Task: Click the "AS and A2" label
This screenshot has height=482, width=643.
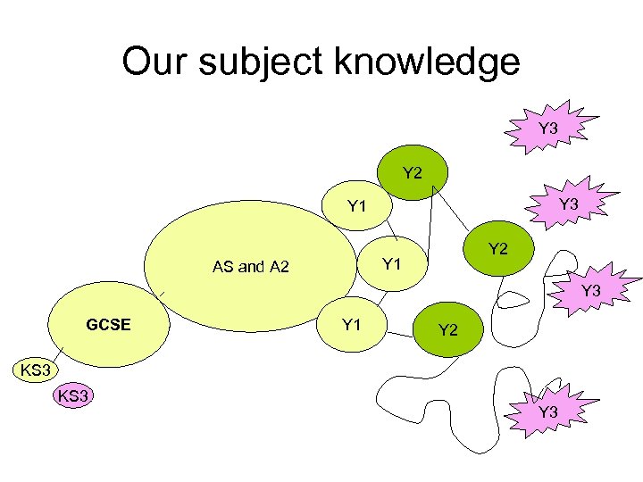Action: coord(251,266)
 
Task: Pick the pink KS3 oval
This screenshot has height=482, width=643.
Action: coord(75,395)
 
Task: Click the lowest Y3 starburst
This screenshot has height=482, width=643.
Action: coord(548,411)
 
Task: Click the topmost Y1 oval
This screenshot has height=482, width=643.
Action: coord(357,207)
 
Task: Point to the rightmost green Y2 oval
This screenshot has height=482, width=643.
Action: coord(498,249)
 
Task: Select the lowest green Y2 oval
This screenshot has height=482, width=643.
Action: coord(448,330)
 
